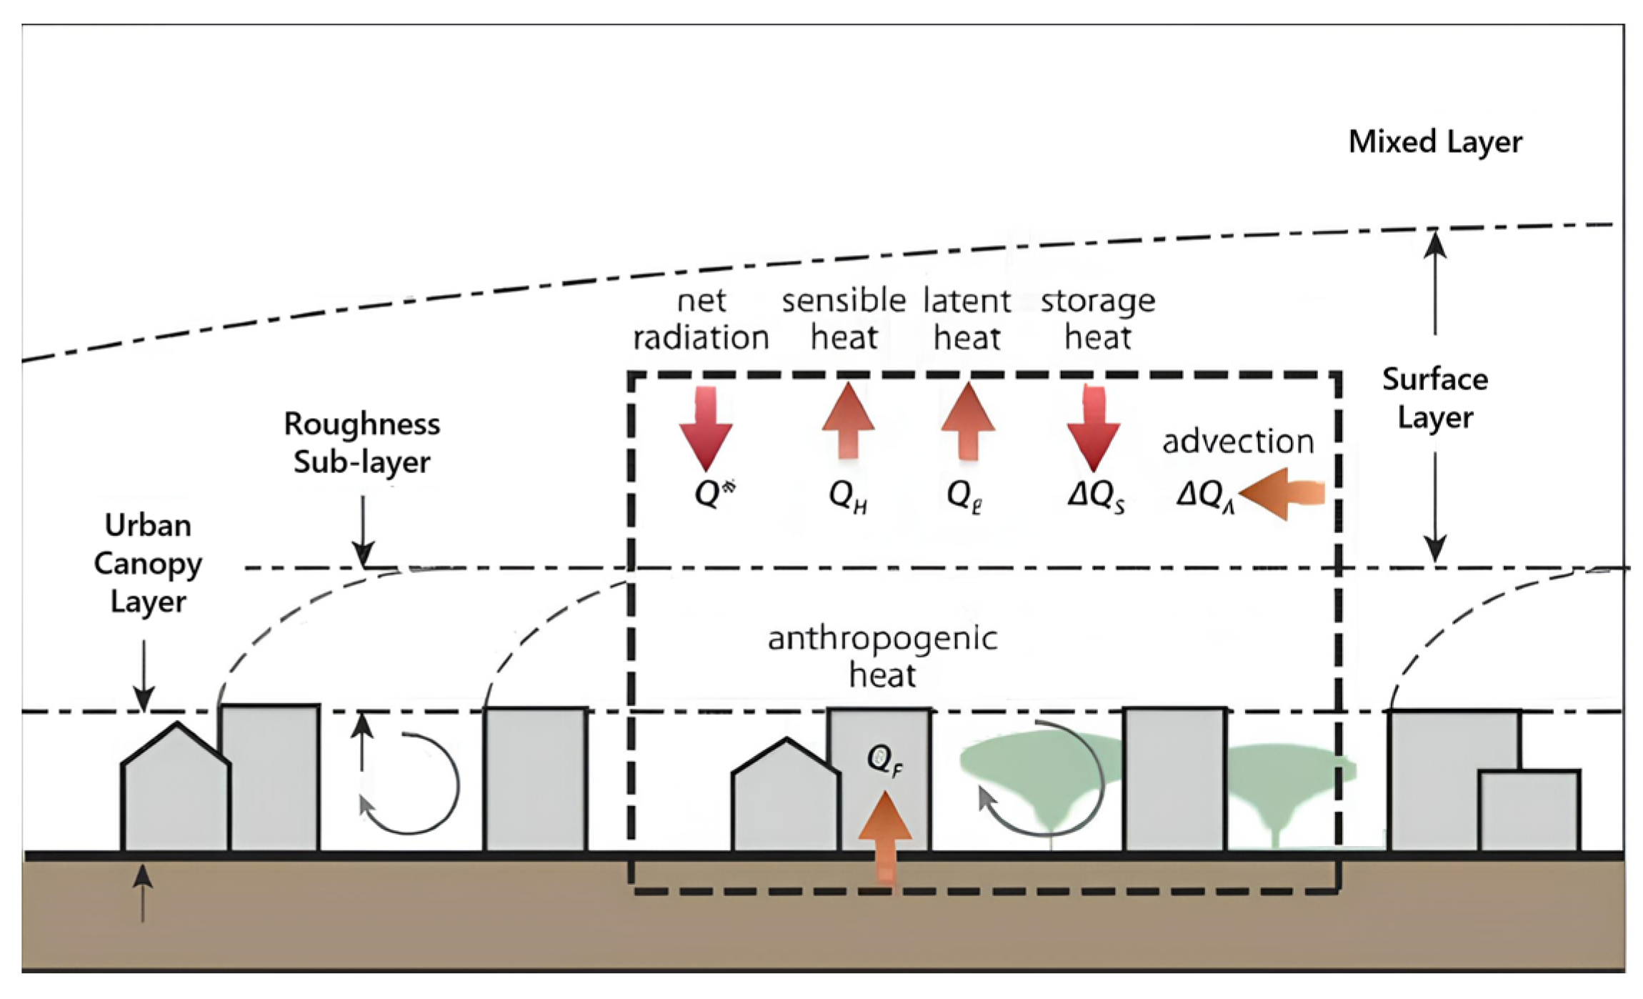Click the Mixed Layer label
[1434, 141]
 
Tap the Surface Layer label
[1434, 398]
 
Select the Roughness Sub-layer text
[361, 443]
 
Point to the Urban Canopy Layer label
[148, 563]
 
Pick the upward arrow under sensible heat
[848, 422]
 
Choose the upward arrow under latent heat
[967, 422]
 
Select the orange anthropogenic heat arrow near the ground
[885, 836]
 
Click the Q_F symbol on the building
[884, 760]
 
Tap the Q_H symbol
[848, 495]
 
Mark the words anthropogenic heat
[882, 656]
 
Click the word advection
[1238, 442]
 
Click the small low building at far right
[1529, 811]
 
